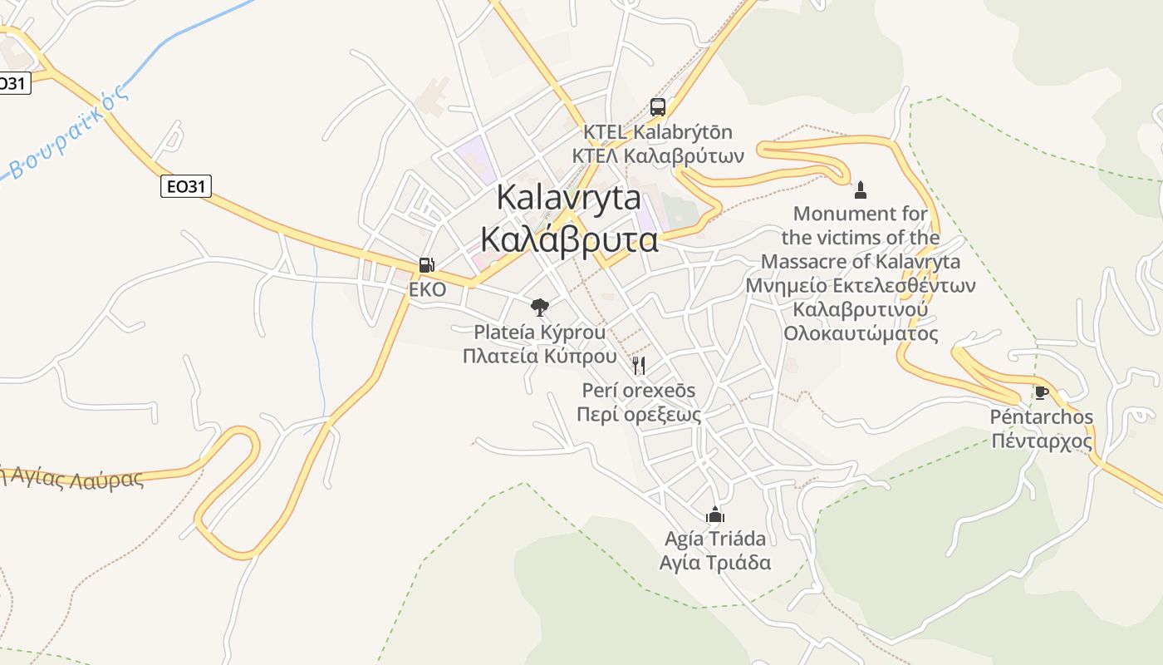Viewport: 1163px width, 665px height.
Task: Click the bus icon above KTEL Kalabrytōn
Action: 657,106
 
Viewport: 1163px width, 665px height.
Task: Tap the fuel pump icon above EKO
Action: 426,265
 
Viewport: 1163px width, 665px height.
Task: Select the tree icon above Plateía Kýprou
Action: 540,308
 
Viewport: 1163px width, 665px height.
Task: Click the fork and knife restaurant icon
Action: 638,365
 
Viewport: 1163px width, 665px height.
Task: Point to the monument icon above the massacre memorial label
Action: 861,190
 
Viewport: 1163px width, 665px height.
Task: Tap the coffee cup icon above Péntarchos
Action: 1041,392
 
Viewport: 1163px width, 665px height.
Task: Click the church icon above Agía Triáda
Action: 714,515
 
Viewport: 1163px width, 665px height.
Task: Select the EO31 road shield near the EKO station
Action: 185,187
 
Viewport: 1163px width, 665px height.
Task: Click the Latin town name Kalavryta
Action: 569,198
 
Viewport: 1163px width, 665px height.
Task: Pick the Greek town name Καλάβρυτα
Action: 569,239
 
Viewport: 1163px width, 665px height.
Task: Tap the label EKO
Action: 427,289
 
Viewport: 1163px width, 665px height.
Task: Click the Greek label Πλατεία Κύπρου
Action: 540,356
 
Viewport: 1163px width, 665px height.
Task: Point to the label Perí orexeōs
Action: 639,390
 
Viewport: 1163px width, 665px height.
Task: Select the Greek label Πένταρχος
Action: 1042,441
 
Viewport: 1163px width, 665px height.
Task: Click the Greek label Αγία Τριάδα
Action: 714,563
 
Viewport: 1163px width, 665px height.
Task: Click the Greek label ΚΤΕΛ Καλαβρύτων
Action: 657,155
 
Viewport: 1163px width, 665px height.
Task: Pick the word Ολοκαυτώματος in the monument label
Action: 861,333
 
